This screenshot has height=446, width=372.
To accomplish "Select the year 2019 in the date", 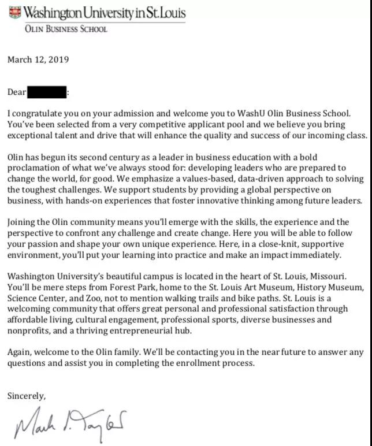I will pos(58,60).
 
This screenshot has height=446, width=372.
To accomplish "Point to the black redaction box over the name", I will pos(47,92).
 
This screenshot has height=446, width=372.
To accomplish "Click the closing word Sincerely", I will pos(26,396).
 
